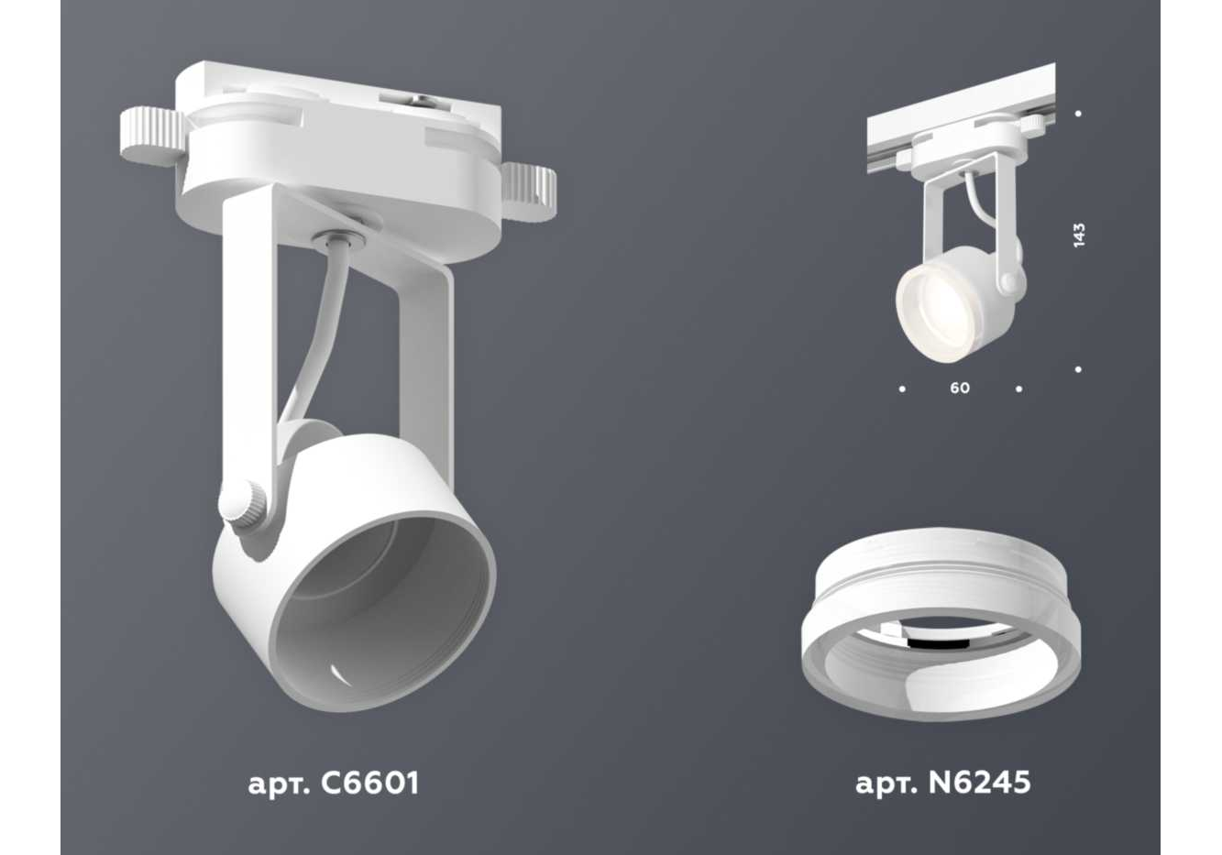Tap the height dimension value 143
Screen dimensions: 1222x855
[x=1078, y=235]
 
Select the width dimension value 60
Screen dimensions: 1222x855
[x=960, y=388]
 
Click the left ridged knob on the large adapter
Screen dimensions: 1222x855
[x=153, y=137]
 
